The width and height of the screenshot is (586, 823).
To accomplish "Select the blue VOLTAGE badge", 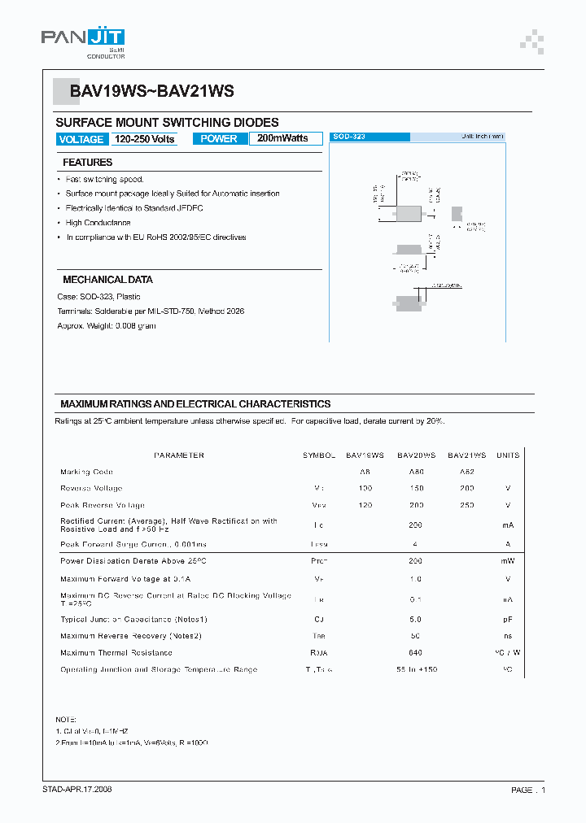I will pos(81,139).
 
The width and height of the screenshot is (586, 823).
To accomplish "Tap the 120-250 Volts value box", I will pos(144,139).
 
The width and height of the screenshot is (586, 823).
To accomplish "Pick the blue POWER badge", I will pos(219,139).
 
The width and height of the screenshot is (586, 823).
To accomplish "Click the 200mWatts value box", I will pos(284,139).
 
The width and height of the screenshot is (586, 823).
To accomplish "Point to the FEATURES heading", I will pos(87,163).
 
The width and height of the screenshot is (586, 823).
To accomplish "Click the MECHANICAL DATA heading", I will pos(107,280).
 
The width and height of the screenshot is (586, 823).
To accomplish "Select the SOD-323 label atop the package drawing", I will pos(349,137).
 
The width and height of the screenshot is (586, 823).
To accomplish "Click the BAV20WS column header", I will pos(416,455).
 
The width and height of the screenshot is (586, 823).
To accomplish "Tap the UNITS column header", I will pos(508,455).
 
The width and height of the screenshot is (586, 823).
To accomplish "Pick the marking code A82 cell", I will pos(466,472).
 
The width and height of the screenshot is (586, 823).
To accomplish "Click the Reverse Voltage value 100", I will pos(365,489).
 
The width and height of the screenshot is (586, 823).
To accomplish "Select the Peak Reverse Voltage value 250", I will pos(466,505).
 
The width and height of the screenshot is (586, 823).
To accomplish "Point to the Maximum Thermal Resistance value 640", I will pos(416,653).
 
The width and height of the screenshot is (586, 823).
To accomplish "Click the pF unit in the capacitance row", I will pos(507,620).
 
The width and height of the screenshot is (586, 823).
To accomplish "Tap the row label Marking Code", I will pos(86,472).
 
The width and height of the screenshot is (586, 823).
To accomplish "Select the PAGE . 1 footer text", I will pos(528,790).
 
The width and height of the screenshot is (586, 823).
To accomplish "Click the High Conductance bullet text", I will pos(98,223).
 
